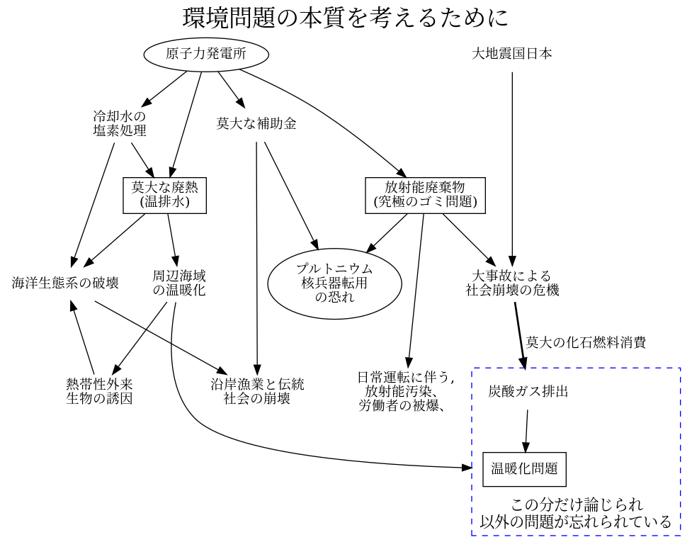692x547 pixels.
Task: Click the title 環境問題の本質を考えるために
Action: click(346, 18)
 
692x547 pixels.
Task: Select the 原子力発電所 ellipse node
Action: click(206, 55)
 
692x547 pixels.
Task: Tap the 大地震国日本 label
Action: click(511, 54)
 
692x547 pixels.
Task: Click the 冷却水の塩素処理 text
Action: click(120, 123)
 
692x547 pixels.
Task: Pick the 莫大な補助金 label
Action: click(256, 124)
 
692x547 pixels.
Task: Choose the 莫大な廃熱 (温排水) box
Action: click(164, 195)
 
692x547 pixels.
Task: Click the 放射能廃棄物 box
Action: click(425, 195)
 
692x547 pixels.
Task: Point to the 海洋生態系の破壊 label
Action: click(65, 283)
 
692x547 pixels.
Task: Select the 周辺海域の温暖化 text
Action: click(179, 283)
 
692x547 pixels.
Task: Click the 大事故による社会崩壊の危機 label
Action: click(512, 283)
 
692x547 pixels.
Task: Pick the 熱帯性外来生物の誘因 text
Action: click(99, 391)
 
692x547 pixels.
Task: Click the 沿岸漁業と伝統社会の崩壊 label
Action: click(257, 391)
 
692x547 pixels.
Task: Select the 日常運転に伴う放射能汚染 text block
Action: click(405, 391)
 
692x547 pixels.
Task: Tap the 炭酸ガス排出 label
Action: click(528, 391)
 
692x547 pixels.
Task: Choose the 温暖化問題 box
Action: click(524, 469)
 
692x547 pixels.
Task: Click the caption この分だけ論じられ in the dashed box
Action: click(577, 506)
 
